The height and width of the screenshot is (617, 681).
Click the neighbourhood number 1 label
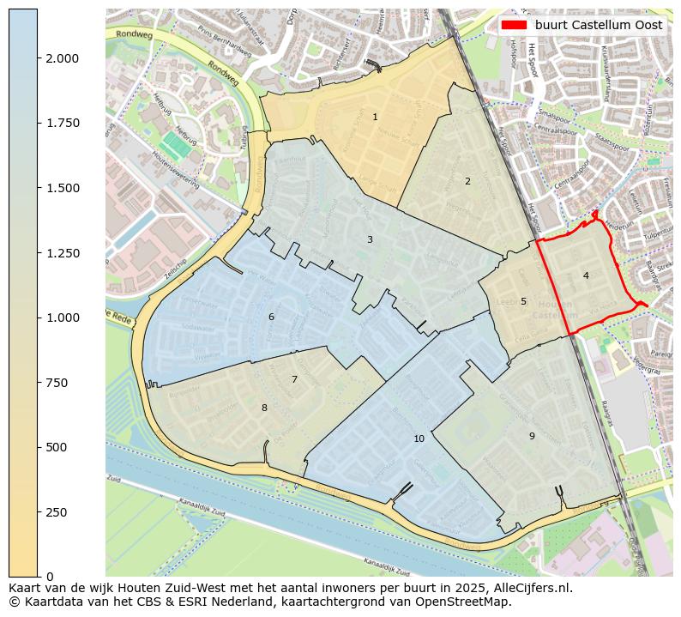375,117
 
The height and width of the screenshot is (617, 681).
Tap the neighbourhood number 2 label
467,181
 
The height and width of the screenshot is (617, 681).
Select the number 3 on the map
370,239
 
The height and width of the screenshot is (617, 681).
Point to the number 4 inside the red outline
586,275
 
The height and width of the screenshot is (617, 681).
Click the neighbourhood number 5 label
523,301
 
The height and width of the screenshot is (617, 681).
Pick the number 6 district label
271,317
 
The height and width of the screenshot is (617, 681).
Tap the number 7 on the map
294,379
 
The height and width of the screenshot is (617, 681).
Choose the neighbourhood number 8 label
264,408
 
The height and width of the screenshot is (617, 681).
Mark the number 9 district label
532,436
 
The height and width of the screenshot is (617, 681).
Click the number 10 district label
419,439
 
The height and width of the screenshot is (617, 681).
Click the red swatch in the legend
513,25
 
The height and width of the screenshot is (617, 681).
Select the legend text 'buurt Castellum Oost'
599,25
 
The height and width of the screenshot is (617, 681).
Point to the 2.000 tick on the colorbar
63,58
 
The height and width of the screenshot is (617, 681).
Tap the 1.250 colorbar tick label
63,253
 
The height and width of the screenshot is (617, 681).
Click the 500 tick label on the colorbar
55,447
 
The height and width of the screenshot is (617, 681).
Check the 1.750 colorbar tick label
63,124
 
